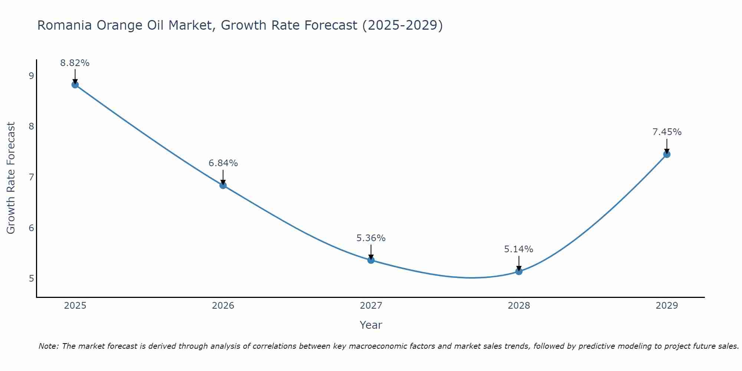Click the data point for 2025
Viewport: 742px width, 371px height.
pos(75,85)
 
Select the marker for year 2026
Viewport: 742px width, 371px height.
pos(223,185)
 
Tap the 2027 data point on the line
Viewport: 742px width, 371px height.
pos(371,260)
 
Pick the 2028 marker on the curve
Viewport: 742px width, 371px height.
pos(519,271)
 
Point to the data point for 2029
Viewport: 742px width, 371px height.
pos(667,154)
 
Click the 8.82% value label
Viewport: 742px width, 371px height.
pos(75,63)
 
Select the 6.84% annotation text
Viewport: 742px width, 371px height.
pos(223,163)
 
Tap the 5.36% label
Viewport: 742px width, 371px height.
pos(371,238)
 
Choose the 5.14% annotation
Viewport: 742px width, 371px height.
pos(519,249)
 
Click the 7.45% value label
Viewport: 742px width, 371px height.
pos(667,132)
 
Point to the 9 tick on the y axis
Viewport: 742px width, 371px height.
pos(31,76)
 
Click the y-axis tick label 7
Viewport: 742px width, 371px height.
pos(31,177)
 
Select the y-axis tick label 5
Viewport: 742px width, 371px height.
pos(31,278)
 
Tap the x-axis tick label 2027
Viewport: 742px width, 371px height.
pos(371,306)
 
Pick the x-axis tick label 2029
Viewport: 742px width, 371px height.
pos(667,306)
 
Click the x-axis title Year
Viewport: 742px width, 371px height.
pos(371,325)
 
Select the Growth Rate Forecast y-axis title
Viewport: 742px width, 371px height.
pos(11,178)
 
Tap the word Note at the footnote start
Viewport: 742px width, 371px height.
pos(48,346)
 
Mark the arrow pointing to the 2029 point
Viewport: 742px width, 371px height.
pos(667,146)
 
